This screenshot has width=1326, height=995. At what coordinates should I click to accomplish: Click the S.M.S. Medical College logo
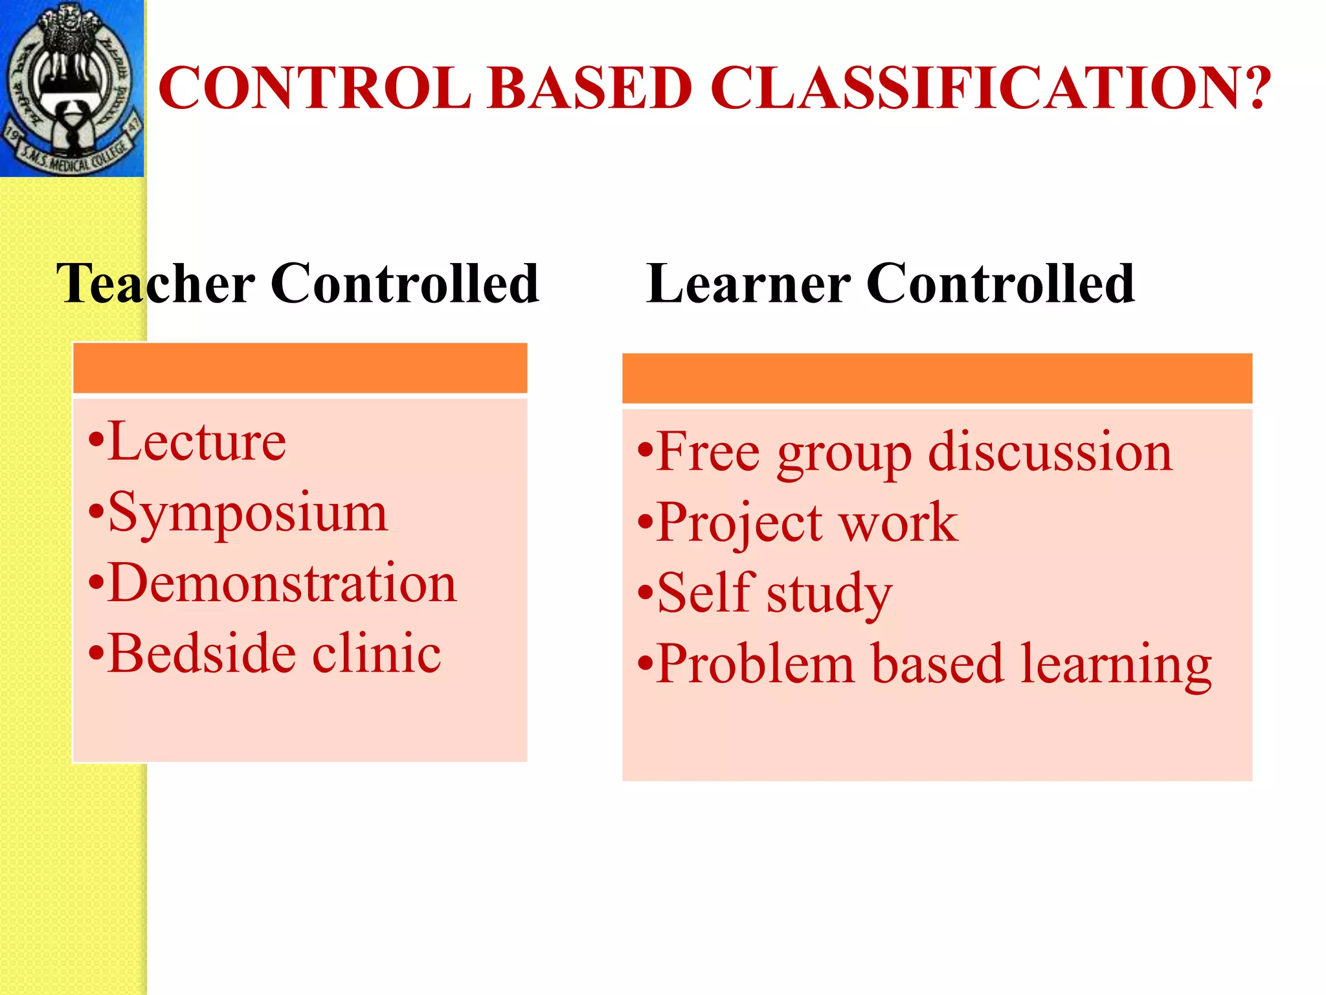(x=71, y=88)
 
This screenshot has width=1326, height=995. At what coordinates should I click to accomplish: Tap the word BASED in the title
(x=590, y=88)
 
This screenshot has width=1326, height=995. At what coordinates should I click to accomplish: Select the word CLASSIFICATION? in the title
(x=990, y=88)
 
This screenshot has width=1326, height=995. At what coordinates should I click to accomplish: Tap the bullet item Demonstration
(x=282, y=583)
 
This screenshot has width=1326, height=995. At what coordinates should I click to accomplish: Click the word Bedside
(x=200, y=654)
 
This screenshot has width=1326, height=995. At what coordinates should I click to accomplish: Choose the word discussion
(x=1050, y=452)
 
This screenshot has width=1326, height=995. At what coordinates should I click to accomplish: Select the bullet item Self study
(x=774, y=593)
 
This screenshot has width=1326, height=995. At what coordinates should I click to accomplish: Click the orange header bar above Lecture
(x=300, y=368)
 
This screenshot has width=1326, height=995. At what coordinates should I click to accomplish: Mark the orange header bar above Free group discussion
(x=937, y=378)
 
